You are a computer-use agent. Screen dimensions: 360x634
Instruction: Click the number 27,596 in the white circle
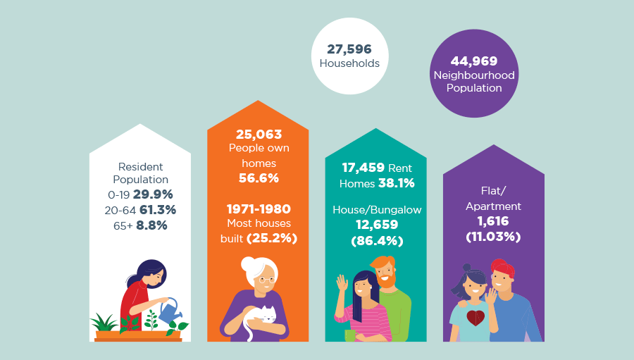click(349, 49)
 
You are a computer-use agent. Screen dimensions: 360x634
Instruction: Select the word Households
click(349, 63)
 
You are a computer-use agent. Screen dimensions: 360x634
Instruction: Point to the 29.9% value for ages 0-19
click(153, 194)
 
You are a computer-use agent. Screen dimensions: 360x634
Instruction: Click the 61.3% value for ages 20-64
click(158, 209)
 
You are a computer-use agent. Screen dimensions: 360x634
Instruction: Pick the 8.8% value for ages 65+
click(151, 225)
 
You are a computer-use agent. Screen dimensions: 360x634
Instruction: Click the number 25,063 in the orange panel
click(259, 134)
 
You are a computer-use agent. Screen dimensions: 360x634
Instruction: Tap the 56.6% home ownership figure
click(259, 178)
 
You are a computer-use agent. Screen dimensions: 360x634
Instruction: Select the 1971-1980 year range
click(259, 209)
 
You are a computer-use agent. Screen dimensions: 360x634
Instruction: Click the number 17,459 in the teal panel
click(363, 168)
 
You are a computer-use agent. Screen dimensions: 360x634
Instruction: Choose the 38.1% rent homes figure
click(396, 183)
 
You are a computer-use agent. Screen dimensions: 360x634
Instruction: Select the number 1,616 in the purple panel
click(493, 222)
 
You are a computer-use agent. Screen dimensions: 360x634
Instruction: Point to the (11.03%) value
click(493, 237)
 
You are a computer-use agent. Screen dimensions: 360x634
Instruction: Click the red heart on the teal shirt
click(475, 318)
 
